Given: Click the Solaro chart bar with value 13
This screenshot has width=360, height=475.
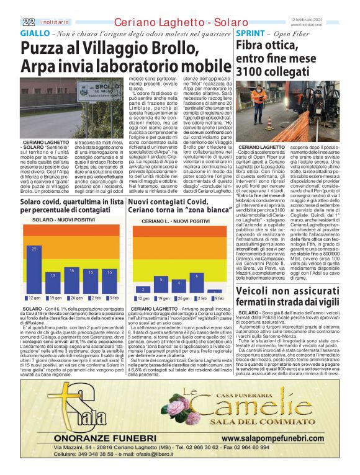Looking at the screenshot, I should click(x=53, y=282).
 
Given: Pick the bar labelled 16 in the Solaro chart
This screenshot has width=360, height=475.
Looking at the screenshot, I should click(x=72, y=279).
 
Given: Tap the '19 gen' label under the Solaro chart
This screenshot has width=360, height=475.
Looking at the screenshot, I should click(x=54, y=298).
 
